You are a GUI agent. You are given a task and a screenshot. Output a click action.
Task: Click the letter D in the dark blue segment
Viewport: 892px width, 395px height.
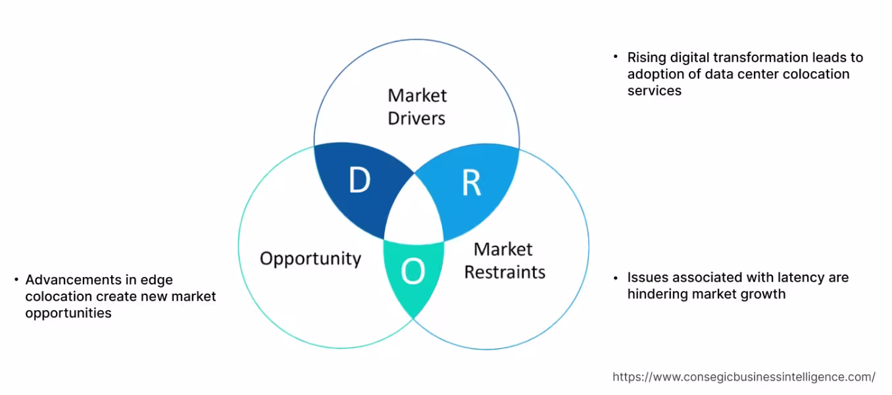359,181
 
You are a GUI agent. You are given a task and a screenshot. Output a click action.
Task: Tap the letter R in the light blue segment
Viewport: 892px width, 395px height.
471,184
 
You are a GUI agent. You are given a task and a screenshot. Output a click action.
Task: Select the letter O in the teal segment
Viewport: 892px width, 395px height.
412,271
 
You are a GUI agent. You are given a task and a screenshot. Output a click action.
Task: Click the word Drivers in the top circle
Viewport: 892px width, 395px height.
416,118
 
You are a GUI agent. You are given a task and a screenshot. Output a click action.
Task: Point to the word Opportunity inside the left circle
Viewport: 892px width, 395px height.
310,258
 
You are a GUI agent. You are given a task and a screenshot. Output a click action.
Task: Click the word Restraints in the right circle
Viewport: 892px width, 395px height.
505,271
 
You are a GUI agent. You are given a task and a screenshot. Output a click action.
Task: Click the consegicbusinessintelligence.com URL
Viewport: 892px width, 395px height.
744,377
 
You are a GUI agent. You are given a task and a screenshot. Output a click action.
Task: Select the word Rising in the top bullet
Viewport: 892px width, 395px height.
647,57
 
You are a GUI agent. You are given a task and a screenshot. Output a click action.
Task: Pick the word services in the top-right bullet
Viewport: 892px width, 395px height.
654,91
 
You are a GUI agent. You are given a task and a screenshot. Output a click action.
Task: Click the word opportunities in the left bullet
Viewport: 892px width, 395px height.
68,313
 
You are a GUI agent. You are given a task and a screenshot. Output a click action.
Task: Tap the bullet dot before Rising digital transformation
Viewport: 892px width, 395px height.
616,57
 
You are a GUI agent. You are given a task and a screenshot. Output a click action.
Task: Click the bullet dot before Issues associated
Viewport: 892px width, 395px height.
616,277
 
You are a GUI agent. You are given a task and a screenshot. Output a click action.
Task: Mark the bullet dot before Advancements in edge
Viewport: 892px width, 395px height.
16,280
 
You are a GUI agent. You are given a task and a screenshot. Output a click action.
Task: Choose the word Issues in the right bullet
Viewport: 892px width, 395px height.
646,277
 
